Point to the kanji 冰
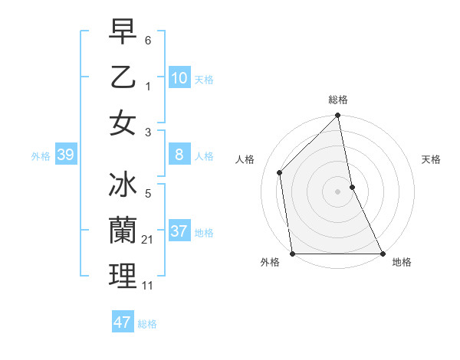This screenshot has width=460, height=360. pos(123,185)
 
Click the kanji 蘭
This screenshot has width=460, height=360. pos(123,231)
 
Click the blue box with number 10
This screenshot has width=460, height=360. pos(179,77)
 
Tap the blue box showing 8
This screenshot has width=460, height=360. pos(179,155)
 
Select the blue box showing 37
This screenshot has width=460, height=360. pos(179,231)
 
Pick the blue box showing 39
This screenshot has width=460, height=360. pos(65,155)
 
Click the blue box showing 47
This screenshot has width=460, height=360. pos(123,322)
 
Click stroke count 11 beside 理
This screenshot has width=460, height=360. pos(149,286)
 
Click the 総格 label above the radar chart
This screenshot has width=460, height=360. pos(338,100)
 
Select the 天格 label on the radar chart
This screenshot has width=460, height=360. pos(432,159)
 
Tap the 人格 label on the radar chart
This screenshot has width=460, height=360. pos(245,159)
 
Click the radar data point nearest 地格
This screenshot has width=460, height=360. pos(383,254)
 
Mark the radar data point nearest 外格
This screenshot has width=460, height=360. pos(293,254)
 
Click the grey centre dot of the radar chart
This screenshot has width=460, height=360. pos(338,191)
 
